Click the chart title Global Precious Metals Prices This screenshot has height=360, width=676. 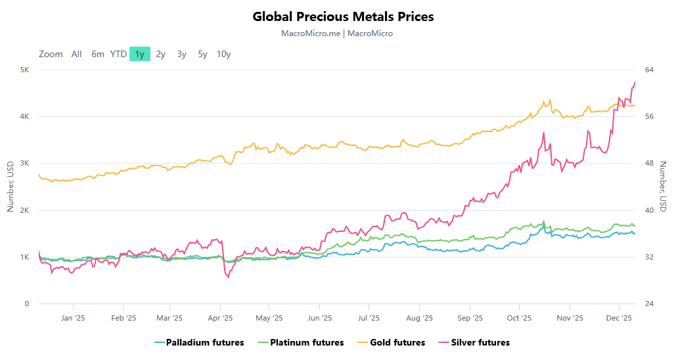[x=343, y=16]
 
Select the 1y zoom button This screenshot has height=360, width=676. [x=140, y=54]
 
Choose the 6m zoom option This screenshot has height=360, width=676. [x=98, y=54]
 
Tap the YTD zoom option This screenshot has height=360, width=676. [x=118, y=54]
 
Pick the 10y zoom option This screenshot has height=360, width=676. [x=223, y=54]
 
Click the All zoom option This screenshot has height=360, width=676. [x=77, y=54]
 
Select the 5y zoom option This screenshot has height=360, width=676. [x=202, y=54]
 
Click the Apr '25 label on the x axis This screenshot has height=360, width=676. [x=220, y=318]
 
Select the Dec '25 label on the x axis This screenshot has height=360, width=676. [x=618, y=318]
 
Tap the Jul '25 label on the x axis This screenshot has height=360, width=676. [x=369, y=318]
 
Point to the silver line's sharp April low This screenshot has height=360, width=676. [x=228, y=277]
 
